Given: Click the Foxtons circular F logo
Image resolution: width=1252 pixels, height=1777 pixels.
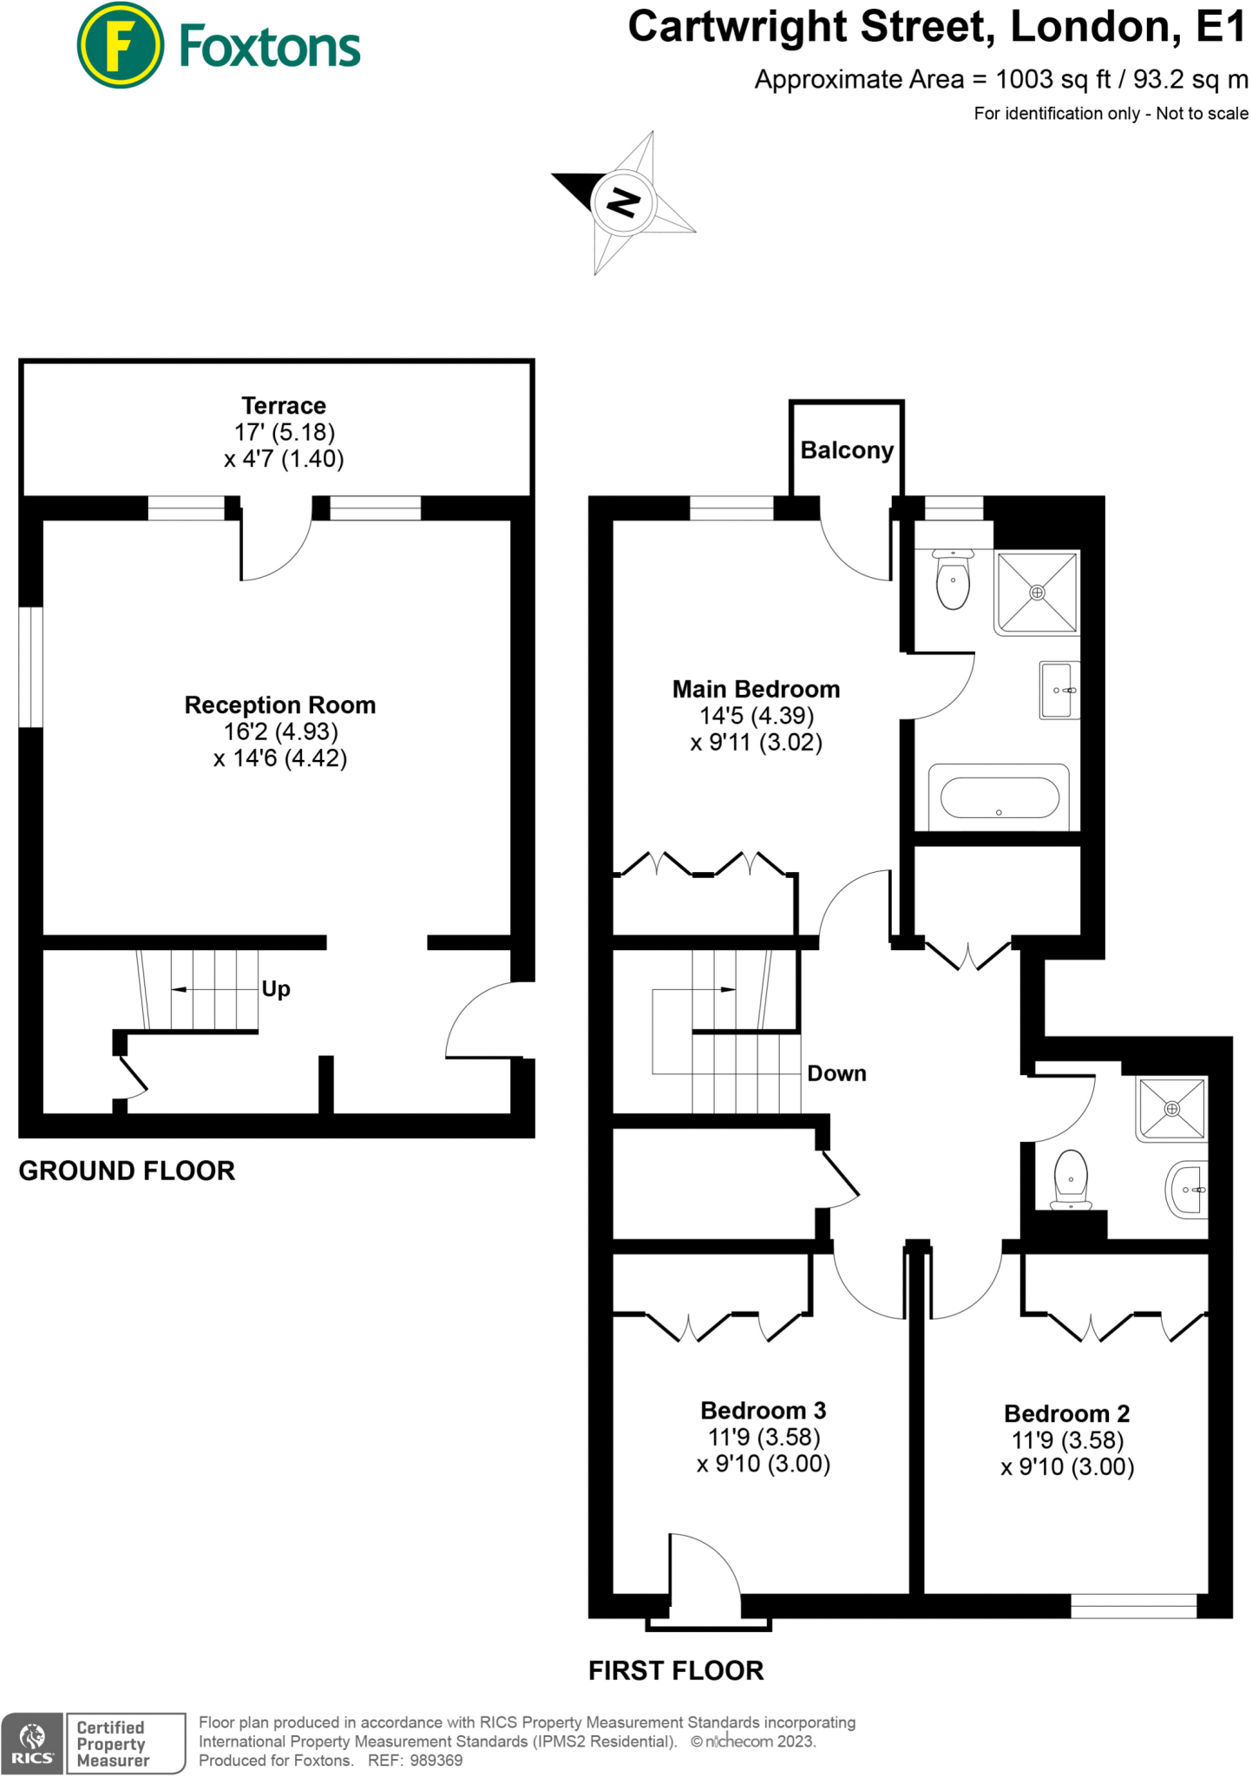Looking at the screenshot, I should [x=120, y=45].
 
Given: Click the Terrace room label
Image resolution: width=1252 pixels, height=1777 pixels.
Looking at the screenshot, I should [x=284, y=405].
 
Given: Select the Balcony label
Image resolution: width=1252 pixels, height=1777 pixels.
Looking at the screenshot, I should [x=846, y=450].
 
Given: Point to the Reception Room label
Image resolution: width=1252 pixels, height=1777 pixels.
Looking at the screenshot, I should [x=279, y=705].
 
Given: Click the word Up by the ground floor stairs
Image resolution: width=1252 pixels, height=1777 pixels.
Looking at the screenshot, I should [x=276, y=989].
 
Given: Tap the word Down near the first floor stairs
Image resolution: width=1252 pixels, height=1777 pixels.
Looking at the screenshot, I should [x=836, y=1073].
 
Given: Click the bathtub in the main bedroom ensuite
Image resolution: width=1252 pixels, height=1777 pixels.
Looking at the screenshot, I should [x=999, y=797].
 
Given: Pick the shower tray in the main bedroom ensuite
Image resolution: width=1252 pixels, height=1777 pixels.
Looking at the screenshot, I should [x=1037, y=593].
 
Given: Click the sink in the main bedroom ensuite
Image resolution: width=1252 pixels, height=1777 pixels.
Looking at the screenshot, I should [x=1059, y=691].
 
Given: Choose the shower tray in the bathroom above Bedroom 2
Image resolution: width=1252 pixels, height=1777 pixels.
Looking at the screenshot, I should [x=1172, y=1109].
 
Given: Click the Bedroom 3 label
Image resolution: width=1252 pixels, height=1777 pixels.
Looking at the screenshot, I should [x=763, y=1410].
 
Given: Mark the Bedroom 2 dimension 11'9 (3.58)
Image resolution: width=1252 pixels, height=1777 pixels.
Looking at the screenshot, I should [x=1067, y=1440].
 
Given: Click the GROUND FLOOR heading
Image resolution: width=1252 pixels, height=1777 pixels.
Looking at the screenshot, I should [x=127, y=1170].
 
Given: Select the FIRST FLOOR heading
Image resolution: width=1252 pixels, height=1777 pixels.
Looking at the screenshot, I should [x=676, y=1670].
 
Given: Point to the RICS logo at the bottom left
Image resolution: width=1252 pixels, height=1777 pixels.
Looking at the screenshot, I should [x=32, y=1743].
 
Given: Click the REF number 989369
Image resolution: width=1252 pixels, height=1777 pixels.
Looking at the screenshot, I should [x=436, y=1761].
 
